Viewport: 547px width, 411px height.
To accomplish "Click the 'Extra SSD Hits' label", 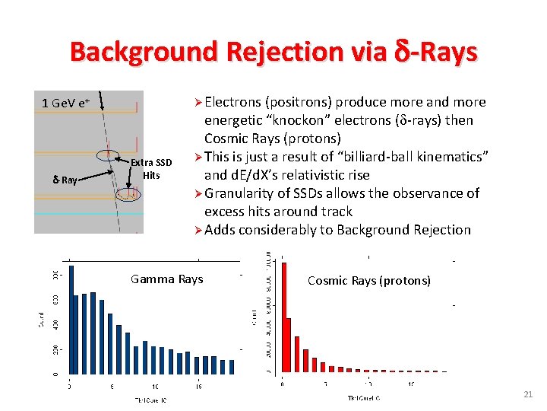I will pyautogui.click(x=151, y=169).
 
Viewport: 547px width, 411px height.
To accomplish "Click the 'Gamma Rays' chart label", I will pyautogui.click(x=166, y=279).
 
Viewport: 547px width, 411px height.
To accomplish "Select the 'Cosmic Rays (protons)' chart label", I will pyautogui.click(x=368, y=281).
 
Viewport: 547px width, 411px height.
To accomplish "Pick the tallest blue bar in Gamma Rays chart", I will pyautogui.click(x=71, y=320).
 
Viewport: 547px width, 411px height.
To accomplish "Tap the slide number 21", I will pyautogui.click(x=528, y=393).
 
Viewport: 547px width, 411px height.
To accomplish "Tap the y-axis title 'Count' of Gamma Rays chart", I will pyautogui.click(x=42, y=319).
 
